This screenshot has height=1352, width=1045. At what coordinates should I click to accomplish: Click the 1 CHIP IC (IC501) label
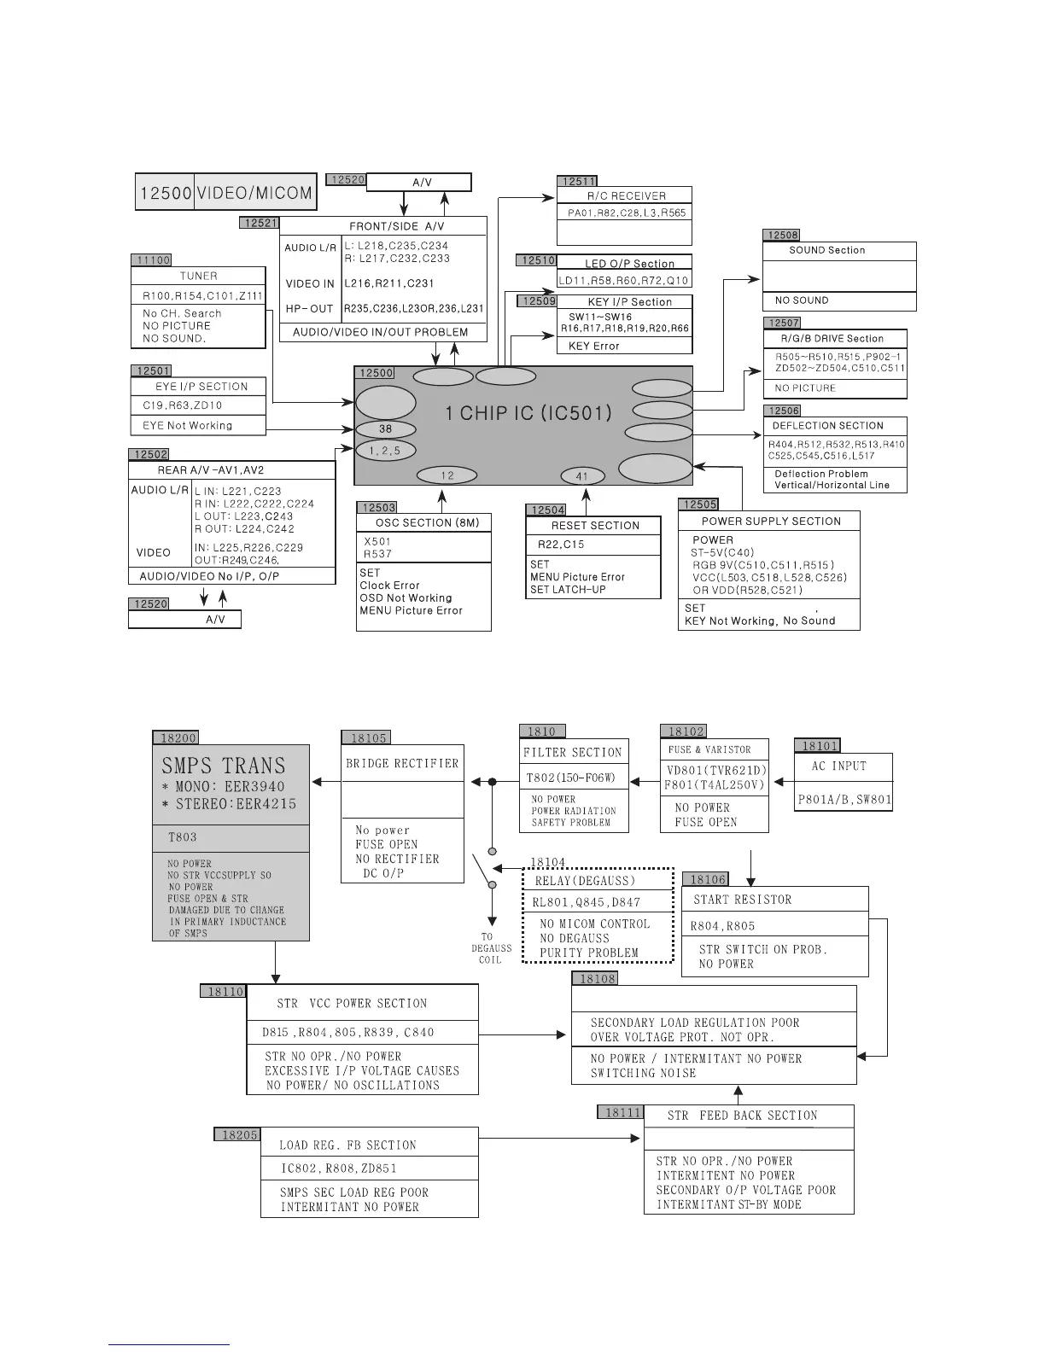coord(528,414)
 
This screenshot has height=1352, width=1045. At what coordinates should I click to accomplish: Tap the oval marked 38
coord(386,429)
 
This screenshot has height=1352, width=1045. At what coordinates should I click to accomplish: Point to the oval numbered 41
coord(582,476)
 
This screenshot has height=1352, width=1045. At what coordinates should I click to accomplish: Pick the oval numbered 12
coord(447,475)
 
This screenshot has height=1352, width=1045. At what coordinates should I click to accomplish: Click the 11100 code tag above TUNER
coord(151,260)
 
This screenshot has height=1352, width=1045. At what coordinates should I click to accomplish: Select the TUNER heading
coord(198,276)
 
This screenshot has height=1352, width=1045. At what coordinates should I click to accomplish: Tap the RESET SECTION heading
coord(595,526)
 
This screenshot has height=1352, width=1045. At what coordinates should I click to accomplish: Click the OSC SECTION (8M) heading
coord(427,522)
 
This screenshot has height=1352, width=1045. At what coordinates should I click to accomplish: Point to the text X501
coord(377,541)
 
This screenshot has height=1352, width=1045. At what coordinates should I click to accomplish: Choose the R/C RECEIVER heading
coord(626,195)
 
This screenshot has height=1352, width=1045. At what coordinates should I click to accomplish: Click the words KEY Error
coord(593,346)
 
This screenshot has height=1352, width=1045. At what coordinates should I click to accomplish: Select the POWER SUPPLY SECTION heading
coord(771,522)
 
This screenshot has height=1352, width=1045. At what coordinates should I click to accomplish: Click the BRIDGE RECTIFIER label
coord(402,763)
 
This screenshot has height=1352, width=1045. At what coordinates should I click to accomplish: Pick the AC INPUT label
coord(838,766)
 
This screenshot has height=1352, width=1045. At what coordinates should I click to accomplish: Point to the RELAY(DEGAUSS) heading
coord(585,881)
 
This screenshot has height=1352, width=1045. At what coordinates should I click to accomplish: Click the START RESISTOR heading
coord(742,900)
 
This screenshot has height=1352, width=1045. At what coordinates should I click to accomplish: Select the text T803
coord(184,837)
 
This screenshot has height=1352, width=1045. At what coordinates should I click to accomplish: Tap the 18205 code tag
coord(239,1134)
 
